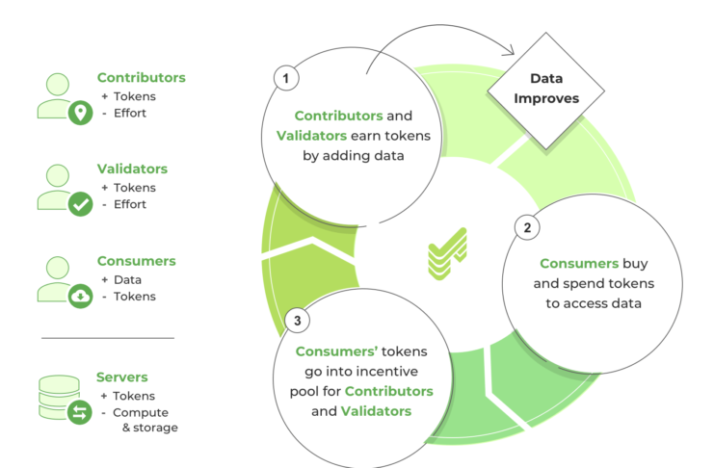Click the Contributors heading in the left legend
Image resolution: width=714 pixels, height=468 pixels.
point(141,77)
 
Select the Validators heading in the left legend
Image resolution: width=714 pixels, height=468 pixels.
point(132,169)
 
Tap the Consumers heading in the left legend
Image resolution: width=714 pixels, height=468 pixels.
point(136,261)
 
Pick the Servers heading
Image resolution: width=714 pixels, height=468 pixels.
point(122,377)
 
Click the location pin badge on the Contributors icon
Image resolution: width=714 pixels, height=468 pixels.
point(81,113)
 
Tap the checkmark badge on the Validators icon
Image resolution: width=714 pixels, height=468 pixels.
point(81,204)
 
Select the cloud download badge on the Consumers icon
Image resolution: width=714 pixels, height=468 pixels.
point(81,297)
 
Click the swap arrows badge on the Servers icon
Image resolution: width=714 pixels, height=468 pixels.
point(80,413)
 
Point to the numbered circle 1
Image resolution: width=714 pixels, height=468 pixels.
point(286,78)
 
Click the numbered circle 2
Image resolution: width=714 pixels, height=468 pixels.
point(527,227)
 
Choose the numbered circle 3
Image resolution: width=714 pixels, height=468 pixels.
point(297,321)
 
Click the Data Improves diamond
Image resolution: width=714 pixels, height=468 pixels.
point(546,91)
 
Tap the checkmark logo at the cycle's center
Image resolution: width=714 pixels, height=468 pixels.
point(448,253)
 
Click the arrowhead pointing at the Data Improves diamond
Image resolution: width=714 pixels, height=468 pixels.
point(510,50)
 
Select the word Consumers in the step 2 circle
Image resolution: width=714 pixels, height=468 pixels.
point(579,264)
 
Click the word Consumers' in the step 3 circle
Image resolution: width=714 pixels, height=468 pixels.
point(336,351)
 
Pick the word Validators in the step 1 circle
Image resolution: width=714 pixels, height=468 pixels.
point(311,136)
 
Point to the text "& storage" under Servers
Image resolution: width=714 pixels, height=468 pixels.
point(150,428)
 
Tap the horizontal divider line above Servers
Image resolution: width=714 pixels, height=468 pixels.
point(108,338)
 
